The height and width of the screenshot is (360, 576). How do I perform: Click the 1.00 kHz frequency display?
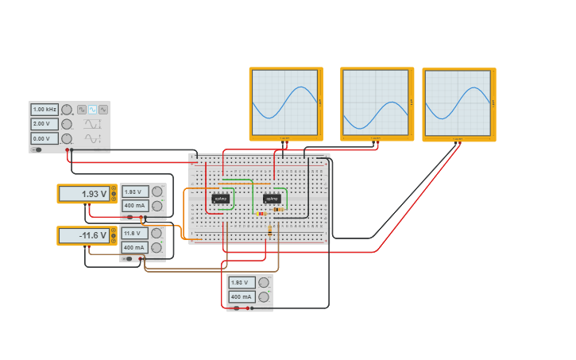pyautogui.click(x=44, y=110)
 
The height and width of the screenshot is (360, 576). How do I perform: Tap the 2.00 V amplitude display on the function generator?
pyautogui.click(x=44, y=124)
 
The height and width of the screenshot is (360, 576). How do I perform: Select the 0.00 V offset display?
pyautogui.click(x=44, y=138)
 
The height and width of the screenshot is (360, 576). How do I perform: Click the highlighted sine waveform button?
pyautogui.click(x=92, y=110)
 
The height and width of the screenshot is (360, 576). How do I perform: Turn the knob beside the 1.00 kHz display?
pyautogui.click(x=67, y=110)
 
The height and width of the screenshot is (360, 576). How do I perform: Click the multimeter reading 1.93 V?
pyautogui.click(x=83, y=194)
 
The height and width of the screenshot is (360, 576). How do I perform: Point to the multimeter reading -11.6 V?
pyautogui.click(x=83, y=236)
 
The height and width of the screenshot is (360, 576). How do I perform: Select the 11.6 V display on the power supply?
pyautogui.click(x=135, y=234)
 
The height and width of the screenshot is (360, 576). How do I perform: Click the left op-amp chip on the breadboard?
pyautogui.click(x=221, y=198)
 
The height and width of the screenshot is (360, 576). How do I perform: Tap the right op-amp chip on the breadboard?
pyautogui.click(x=272, y=198)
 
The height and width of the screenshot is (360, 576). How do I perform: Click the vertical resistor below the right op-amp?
pyautogui.click(x=270, y=230)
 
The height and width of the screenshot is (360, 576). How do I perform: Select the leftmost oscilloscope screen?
pyautogui.click(x=285, y=103)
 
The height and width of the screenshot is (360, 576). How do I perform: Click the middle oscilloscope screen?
pyautogui.click(x=377, y=103)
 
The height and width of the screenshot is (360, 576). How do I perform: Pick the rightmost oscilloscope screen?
pyautogui.click(x=458, y=103)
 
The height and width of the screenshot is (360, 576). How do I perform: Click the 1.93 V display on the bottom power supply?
pyautogui.click(x=242, y=283)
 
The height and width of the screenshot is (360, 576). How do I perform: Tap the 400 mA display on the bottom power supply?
pyautogui.click(x=242, y=297)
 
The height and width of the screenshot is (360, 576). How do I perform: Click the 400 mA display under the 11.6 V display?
pyautogui.click(x=135, y=247)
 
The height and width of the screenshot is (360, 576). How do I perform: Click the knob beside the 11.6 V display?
pyautogui.click(x=157, y=233)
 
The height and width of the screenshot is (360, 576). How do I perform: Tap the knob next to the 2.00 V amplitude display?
pyautogui.click(x=67, y=124)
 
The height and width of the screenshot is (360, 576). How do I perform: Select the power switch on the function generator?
pyautogui.click(x=37, y=149)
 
